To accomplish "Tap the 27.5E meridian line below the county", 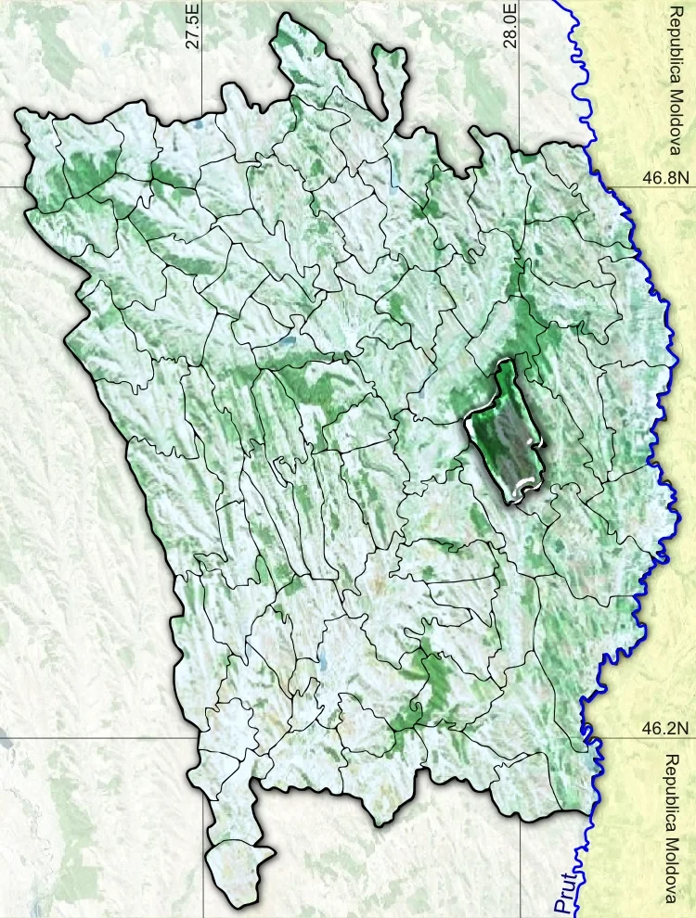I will click(203, 890).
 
